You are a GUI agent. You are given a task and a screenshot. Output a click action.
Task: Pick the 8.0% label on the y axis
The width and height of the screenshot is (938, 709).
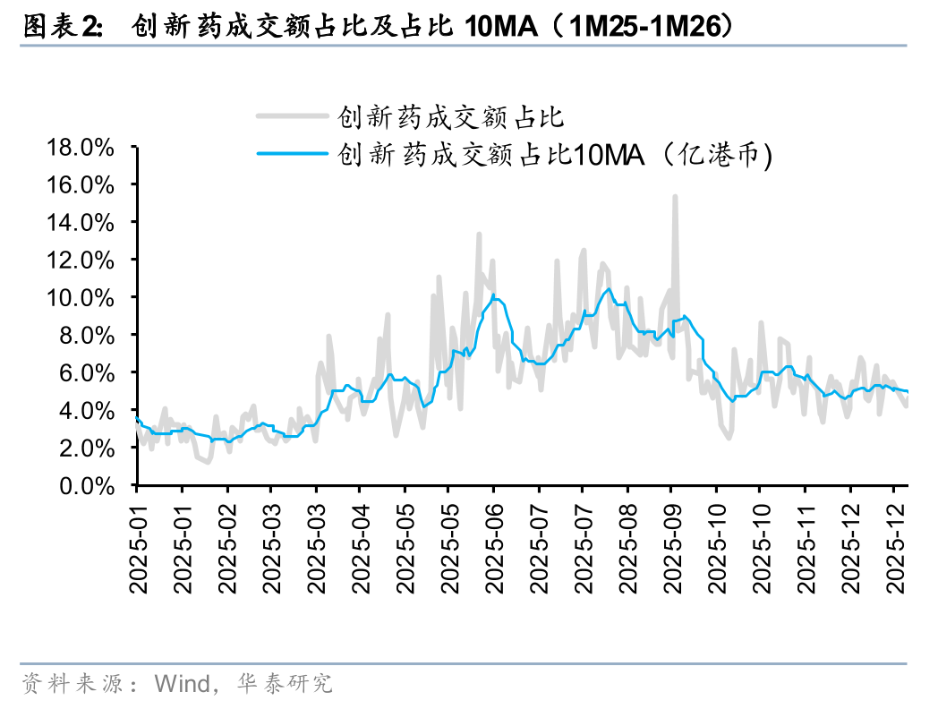pos(93,335)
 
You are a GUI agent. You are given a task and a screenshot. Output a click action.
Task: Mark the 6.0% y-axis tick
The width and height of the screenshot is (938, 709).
pos(93,372)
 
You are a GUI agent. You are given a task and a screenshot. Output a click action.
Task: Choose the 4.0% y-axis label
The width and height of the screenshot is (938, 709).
pos(93,410)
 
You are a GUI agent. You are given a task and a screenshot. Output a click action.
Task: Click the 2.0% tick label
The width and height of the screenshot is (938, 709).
pos(93,448)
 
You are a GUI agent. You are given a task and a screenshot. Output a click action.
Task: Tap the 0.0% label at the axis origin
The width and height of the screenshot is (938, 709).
pos(93,485)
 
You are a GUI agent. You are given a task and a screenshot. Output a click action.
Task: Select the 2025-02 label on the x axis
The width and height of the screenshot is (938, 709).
pos(228,542)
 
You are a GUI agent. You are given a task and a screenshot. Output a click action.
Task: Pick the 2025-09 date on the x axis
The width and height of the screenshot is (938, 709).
pos(673,542)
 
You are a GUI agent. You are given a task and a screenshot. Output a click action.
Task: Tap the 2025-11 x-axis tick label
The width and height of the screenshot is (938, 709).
pos(806,542)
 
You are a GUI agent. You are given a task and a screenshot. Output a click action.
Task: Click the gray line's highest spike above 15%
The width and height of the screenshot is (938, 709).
pos(675,197)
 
